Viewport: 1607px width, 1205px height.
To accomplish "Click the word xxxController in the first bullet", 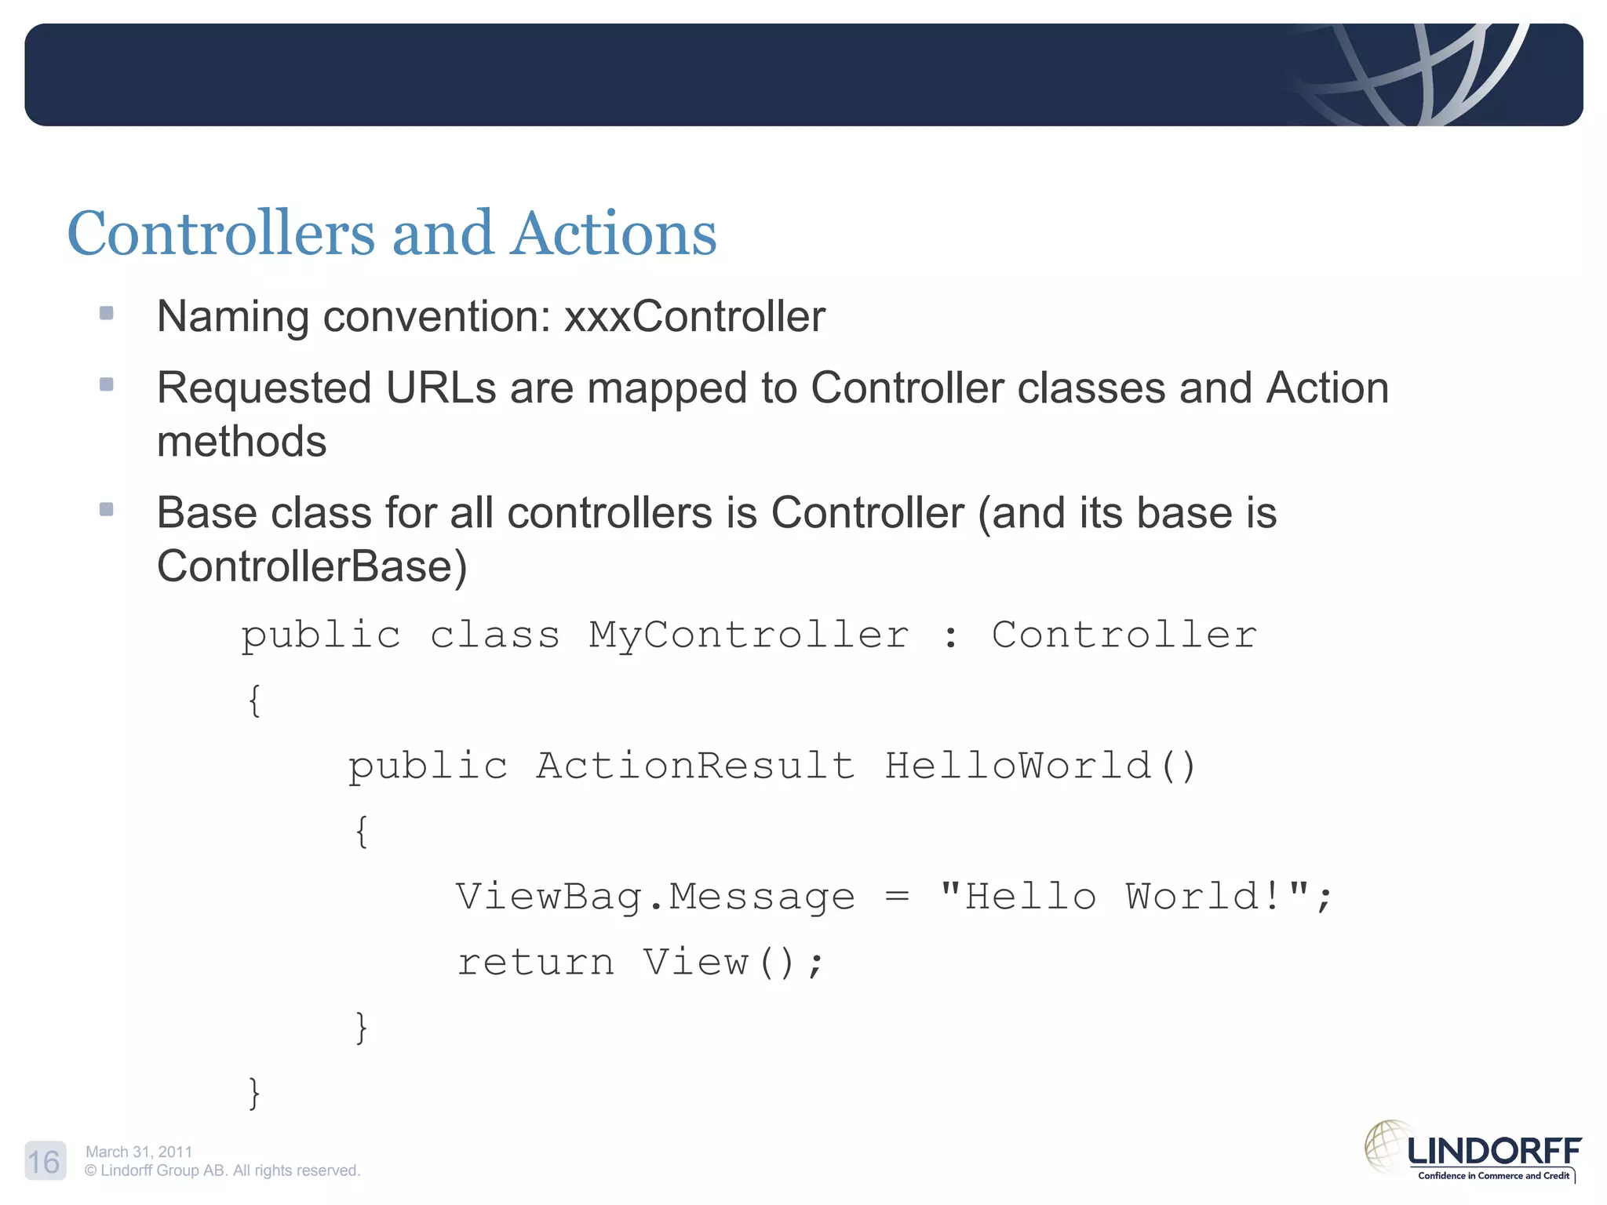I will [694, 317].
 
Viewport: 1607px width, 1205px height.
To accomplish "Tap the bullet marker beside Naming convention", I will [107, 314].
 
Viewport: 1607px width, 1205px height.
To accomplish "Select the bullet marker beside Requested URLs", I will [107, 384].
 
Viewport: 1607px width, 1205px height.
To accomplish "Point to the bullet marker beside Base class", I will [107, 510].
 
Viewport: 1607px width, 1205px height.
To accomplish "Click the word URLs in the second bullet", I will [441, 388].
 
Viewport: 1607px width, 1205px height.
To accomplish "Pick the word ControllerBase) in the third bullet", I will [312, 566].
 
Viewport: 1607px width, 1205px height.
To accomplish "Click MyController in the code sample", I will [749, 635].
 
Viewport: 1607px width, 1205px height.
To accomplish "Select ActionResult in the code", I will [695, 766].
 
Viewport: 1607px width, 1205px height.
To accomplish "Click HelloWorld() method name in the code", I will [1040, 766].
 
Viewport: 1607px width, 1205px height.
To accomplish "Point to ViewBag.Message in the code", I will [655, 897].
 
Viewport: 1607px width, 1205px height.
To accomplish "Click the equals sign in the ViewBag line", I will [897, 896].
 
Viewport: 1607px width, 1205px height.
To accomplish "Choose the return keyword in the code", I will [536, 963].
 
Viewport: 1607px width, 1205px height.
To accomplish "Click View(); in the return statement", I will [734, 963].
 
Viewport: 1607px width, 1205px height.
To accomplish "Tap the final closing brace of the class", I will [253, 1093].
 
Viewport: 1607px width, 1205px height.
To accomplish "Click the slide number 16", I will [45, 1161].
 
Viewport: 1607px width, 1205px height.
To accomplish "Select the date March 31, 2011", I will [139, 1152].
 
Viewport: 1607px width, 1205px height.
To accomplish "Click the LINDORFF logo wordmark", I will [1494, 1152].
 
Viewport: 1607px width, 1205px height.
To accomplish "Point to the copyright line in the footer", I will [222, 1170].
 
